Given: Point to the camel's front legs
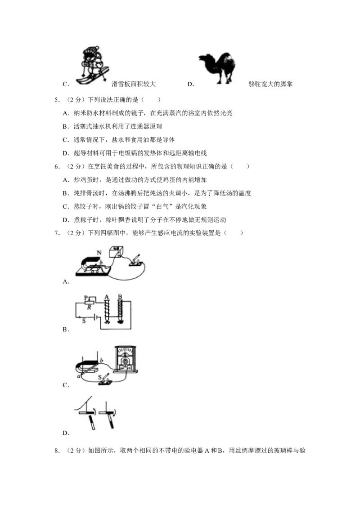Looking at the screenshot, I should pos(219,77).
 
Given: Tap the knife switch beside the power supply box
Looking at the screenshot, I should pos(136,261).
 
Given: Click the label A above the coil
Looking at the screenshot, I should pos(106,296).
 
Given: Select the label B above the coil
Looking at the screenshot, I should pos(120,296).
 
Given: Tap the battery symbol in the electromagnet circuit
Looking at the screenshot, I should pos(95,317).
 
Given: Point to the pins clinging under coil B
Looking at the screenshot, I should pos(121,322).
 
